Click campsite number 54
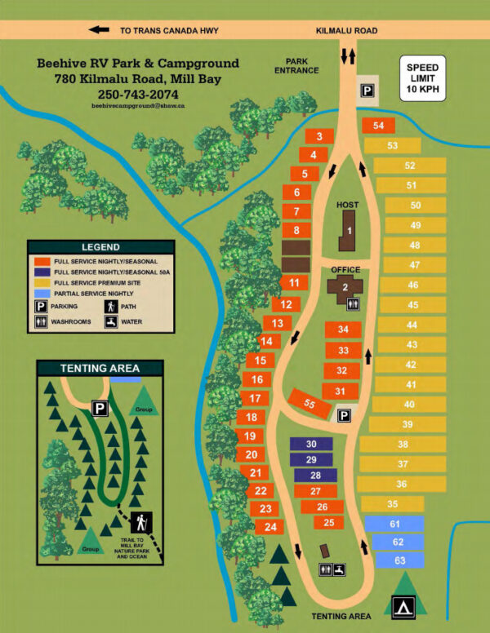[x=377, y=126]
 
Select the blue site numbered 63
[x=398, y=560]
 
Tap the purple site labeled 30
[x=310, y=444]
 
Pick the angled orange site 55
[x=307, y=402]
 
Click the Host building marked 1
[x=350, y=231]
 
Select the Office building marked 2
[x=345, y=286]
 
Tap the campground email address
[x=138, y=106]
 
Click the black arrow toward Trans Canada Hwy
[x=100, y=30]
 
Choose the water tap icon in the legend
[x=110, y=321]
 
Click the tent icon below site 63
[x=402, y=606]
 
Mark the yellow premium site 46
[x=412, y=285]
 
